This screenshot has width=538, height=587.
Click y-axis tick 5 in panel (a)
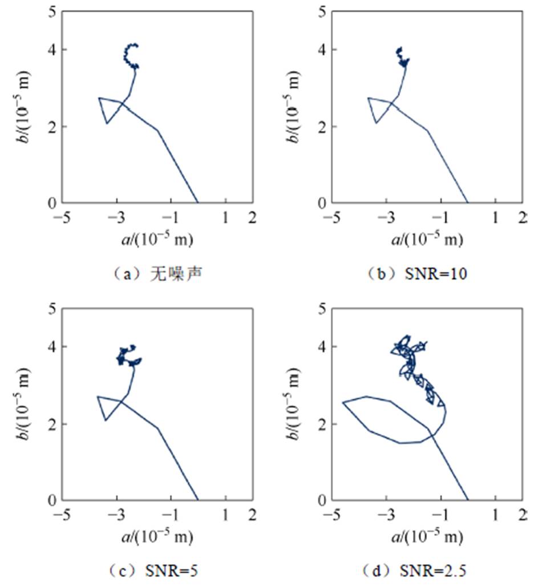pos(51,11)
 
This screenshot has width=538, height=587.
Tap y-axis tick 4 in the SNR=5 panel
pos(51,347)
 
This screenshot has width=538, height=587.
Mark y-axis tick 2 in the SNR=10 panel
pos(321,127)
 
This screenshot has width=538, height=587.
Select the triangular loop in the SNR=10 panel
pos(378,108)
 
